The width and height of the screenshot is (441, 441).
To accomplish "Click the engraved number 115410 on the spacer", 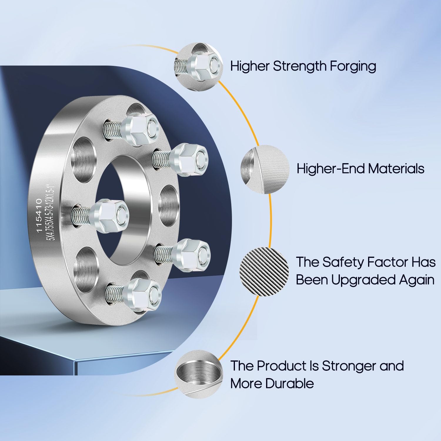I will pyautogui.click(x=39, y=215).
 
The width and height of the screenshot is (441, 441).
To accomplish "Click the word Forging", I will pyautogui.click(x=353, y=66).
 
